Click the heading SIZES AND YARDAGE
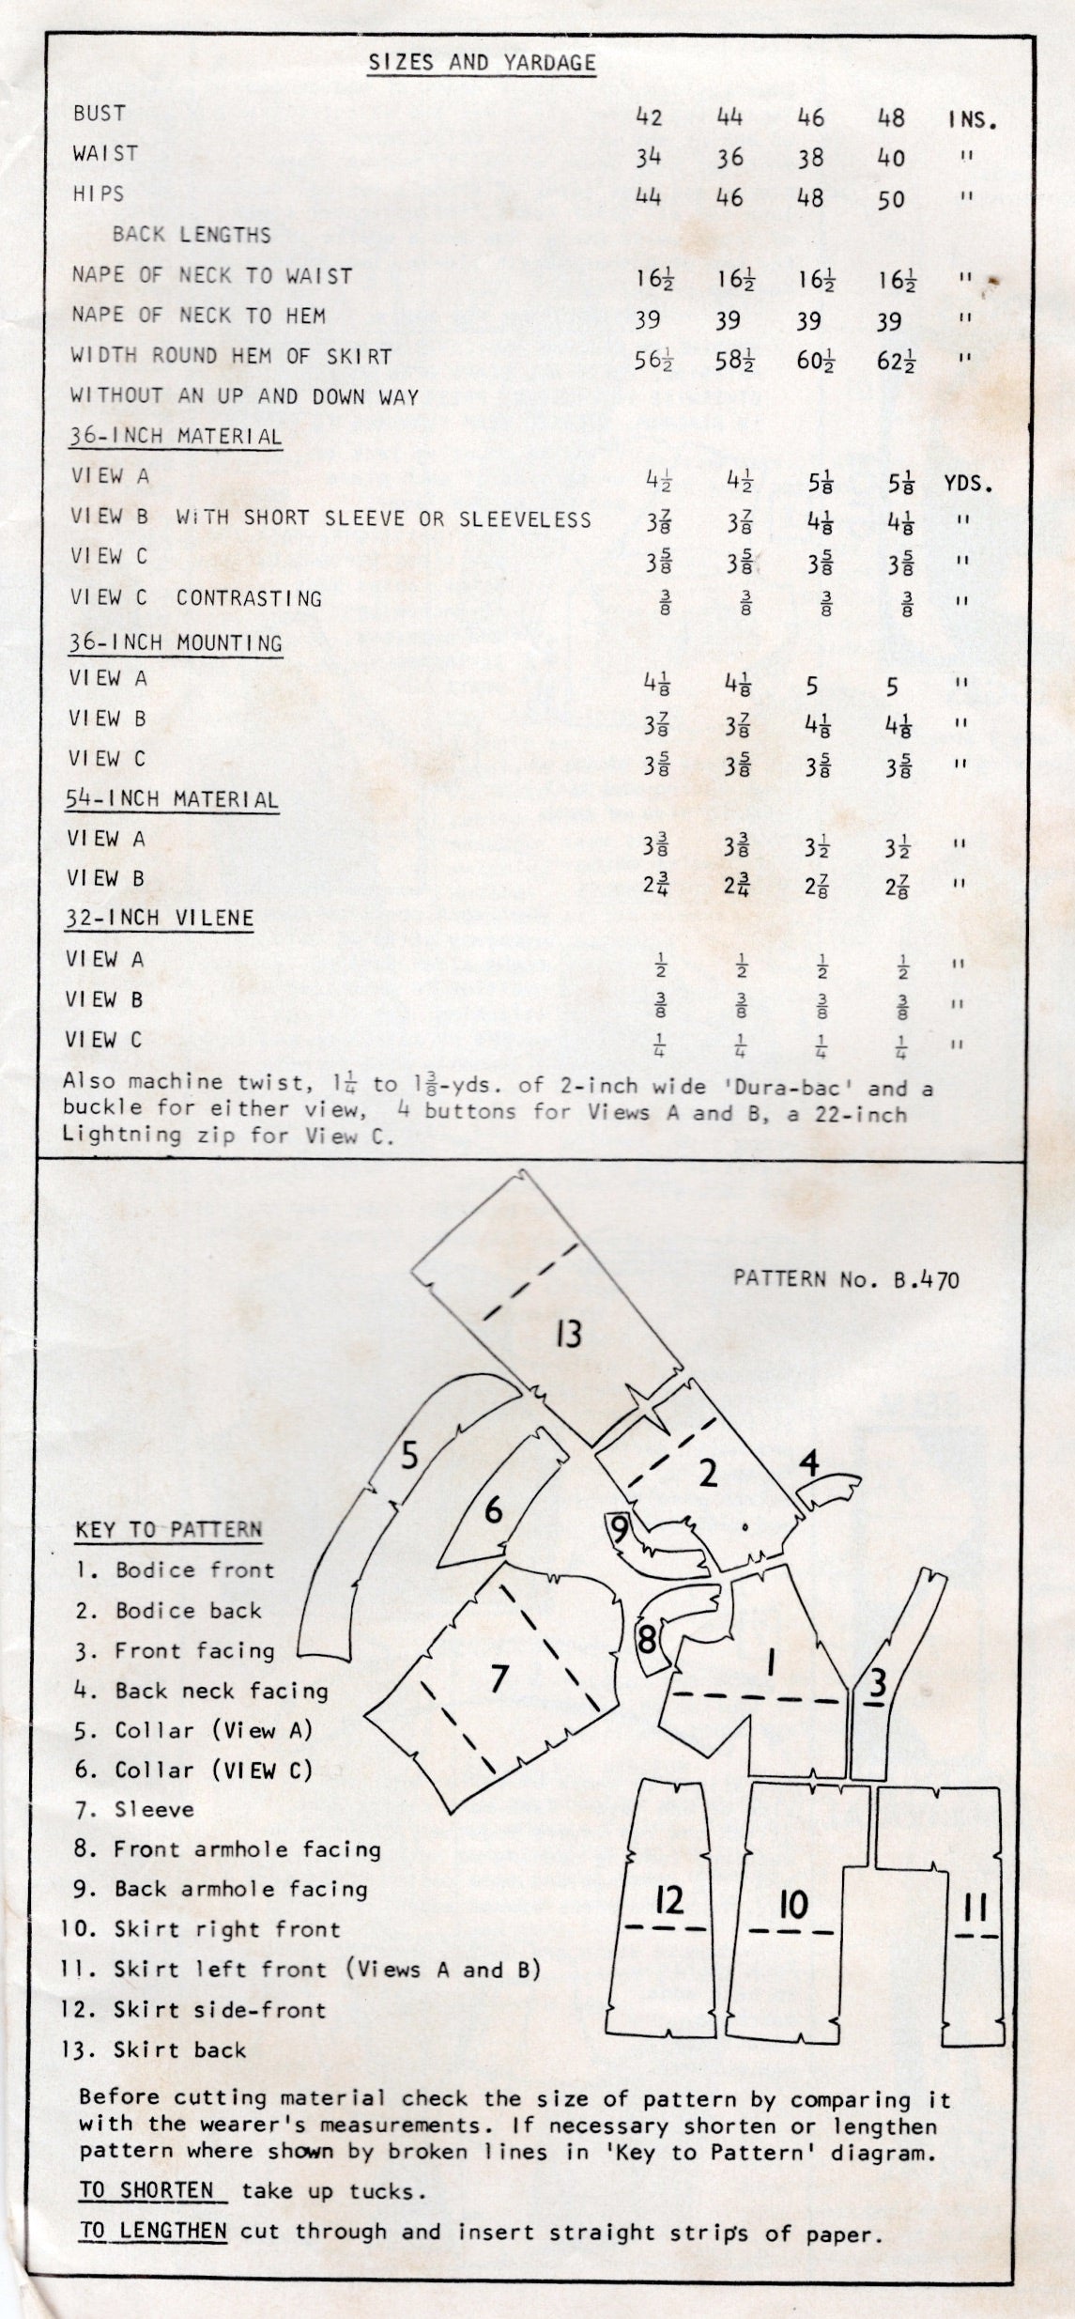[x=482, y=63]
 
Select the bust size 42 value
[x=649, y=117]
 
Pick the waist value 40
[x=891, y=158]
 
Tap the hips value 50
[x=891, y=198]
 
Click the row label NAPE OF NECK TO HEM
[x=199, y=316]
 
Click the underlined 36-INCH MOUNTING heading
[x=175, y=643]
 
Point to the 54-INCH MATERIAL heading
[x=173, y=800]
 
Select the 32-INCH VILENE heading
[x=160, y=918]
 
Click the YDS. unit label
[x=969, y=485]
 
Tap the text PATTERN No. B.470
[x=846, y=1279]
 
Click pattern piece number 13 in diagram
[x=568, y=1334]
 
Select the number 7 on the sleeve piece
[x=499, y=1677]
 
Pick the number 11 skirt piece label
[x=975, y=1908]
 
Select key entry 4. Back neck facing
[x=202, y=1691]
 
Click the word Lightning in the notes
[x=122, y=1135]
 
